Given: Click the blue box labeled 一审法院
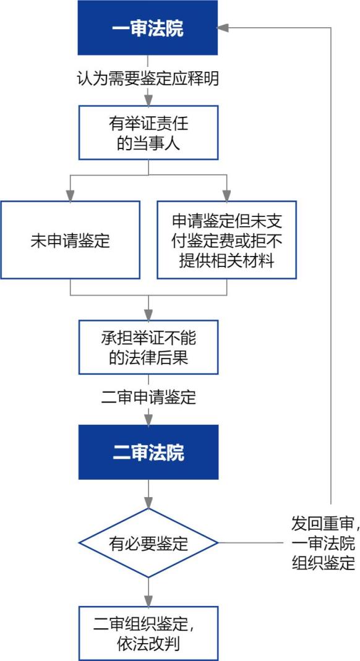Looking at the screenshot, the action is click(148, 28).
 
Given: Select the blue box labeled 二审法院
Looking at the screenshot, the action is click(148, 452).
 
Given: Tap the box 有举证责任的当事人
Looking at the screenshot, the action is click(148, 132).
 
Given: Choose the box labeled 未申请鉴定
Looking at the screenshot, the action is click(70, 240).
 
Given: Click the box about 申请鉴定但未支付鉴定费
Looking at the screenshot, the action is click(227, 240).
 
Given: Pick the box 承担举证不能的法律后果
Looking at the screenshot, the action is click(148, 347).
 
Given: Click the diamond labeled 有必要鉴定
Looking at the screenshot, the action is click(148, 542).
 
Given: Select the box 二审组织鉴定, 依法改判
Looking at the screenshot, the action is click(148, 633).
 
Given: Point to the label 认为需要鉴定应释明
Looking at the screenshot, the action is click(148, 79).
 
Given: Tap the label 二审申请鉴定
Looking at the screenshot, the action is click(148, 397).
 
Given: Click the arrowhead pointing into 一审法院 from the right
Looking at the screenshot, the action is click(223, 28).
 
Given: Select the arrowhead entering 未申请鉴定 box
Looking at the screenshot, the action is click(70, 195).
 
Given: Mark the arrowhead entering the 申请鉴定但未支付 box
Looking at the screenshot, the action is click(227, 195).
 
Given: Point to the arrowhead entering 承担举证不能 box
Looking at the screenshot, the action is click(148, 315).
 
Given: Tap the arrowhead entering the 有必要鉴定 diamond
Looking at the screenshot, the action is click(148, 503).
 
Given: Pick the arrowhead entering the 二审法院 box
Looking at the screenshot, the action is click(148, 419).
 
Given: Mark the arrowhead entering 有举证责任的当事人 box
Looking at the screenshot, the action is click(148, 100).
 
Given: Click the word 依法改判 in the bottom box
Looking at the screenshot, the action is click(148, 644).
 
